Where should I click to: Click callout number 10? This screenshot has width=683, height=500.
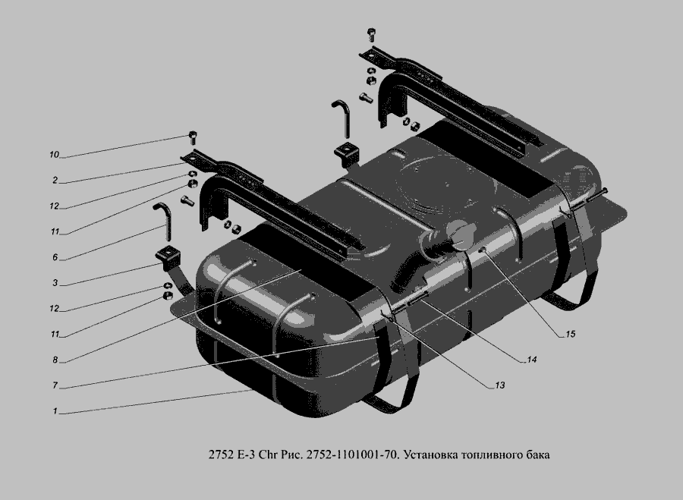click(x=54, y=155)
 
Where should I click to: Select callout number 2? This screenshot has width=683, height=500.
click(x=55, y=180)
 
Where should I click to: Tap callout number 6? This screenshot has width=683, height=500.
click(x=55, y=257)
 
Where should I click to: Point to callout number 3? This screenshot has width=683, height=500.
click(x=55, y=283)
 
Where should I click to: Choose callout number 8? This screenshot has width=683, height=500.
click(x=55, y=360)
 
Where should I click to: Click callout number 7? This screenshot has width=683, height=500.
click(x=55, y=385)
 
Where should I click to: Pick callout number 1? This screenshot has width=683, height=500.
click(x=55, y=411)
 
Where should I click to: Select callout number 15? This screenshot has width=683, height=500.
click(x=570, y=334)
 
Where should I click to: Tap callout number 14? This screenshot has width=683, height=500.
click(x=531, y=360)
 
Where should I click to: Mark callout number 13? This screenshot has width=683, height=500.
click(x=499, y=385)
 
